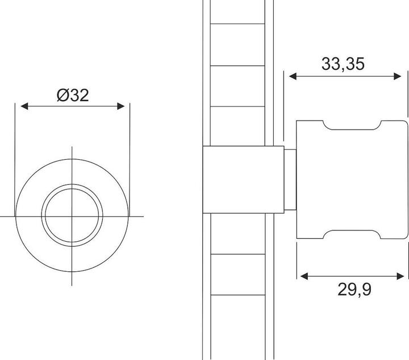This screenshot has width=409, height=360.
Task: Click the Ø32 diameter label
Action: tap(73, 96)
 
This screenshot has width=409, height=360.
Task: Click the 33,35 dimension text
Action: tap(343, 64)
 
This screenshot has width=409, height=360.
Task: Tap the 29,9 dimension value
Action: tap(354, 289)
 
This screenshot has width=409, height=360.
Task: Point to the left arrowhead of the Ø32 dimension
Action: tap(24, 106)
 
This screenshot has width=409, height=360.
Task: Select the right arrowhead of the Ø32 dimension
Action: tap(121, 106)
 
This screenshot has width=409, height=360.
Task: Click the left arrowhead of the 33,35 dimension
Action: tap(293, 76)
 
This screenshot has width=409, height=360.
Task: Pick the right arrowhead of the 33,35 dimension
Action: tap(397, 76)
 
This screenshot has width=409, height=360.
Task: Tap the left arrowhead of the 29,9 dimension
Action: tap(304, 276)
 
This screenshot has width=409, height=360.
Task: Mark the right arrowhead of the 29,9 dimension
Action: tap(400, 276)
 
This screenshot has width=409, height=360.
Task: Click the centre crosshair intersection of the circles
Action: tap(72, 216)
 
